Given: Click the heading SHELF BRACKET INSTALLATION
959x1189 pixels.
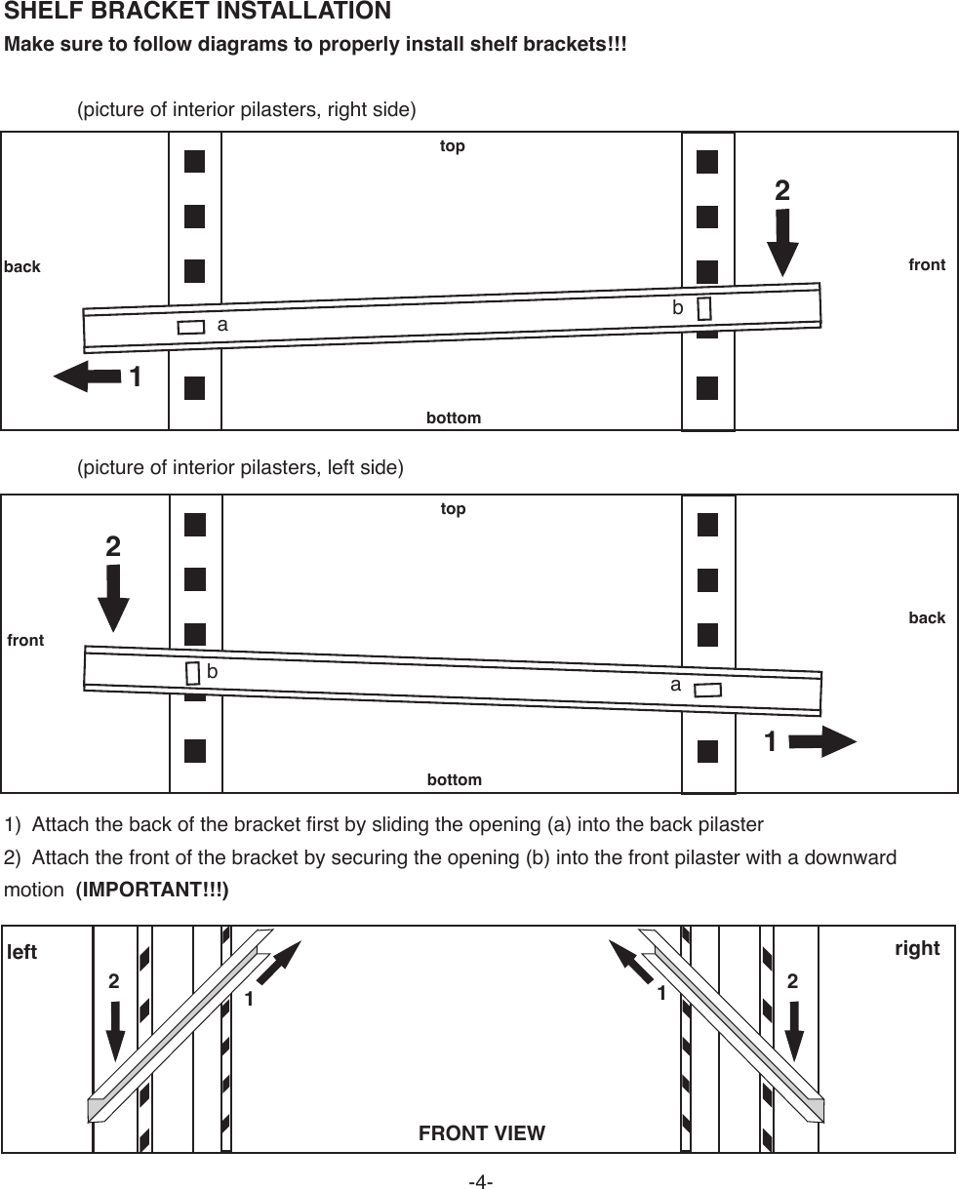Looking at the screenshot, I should coord(198,13).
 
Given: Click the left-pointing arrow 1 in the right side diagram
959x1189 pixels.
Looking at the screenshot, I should coord(88,376).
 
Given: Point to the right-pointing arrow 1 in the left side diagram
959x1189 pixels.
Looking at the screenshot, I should coord(820,741).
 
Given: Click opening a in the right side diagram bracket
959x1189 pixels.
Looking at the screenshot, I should coord(190,327).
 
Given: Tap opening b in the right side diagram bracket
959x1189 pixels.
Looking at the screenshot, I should coord(704,308).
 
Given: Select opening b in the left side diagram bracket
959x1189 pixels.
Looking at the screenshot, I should coord(192,673).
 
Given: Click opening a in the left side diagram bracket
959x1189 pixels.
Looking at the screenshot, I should coord(707,690).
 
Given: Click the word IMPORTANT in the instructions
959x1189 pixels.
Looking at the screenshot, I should coord(152,891).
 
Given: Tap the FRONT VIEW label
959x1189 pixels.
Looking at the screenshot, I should coord(481,1133).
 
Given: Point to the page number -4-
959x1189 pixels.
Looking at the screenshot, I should coord(480,1182).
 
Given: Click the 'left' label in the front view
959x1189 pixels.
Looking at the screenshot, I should coord(22,952).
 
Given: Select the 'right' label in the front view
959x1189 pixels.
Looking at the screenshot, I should coord(917,948).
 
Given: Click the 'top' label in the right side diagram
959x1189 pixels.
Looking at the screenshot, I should coord(453,146).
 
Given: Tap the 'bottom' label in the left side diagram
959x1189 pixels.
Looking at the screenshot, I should coord(455,780).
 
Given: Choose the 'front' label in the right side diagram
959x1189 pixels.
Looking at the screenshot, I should coord(927,264).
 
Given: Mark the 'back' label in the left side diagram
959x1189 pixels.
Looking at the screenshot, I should coord(927,617).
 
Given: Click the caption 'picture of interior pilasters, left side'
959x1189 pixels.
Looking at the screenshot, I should coord(240,468).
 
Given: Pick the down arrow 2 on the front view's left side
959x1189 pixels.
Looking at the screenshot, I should coord(115,1029).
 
